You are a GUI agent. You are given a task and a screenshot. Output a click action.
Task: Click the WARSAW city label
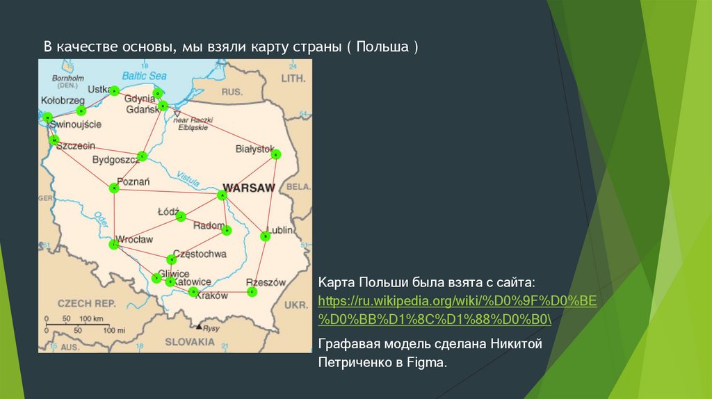click(x=248, y=188)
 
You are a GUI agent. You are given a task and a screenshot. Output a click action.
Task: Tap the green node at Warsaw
click(x=222, y=196)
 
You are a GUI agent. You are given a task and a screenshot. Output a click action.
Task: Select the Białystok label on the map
click(x=254, y=149)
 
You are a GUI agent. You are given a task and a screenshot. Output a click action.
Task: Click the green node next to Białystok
click(x=276, y=154)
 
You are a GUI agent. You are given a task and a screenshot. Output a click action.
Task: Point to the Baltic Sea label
click(x=144, y=75)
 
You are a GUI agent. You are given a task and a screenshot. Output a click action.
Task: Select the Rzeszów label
click(x=266, y=283)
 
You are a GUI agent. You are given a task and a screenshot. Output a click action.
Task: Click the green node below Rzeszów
click(x=252, y=292)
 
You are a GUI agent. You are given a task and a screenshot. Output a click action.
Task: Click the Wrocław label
click(x=134, y=239)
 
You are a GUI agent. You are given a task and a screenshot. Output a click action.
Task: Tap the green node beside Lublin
click(x=265, y=236)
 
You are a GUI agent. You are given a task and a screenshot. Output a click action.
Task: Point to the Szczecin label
click(x=76, y=146)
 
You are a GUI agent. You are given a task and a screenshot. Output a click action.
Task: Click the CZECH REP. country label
click(x=86, y=304)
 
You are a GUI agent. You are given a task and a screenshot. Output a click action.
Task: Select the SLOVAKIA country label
click(x=189, y=342)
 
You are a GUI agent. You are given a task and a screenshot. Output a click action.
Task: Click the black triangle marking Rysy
click(x=199, y=326)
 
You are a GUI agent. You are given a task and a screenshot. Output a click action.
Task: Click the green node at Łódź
click(x=181, y=217)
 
